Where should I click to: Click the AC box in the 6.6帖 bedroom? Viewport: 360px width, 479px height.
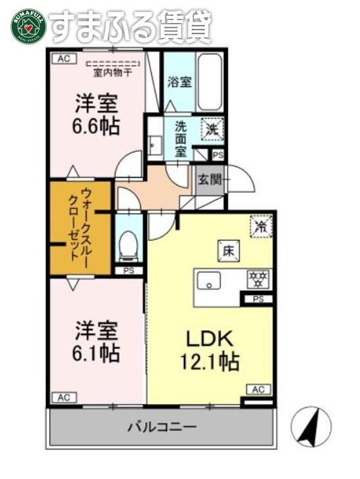(63, 59)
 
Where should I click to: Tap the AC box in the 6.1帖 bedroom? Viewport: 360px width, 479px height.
(63, 397)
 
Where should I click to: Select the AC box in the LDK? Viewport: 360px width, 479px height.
(258, 390)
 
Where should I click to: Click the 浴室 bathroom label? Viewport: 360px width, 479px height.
(179, 83)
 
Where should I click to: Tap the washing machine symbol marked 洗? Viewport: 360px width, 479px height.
(214, 129)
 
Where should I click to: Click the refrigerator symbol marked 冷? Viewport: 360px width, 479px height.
(260, 225)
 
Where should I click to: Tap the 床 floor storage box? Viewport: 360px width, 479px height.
(228, 250)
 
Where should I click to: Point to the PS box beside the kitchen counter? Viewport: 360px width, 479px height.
(258, 300)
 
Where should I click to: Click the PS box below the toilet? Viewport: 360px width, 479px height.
(127, 270)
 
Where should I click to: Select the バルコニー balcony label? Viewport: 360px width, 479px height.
(162, 427)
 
